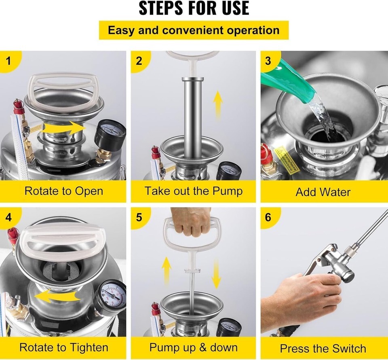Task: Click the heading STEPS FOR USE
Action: click(194, 8)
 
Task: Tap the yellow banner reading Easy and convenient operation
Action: click(194, 30)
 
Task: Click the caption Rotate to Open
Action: click(64, 191)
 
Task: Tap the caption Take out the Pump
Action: click(194, 191)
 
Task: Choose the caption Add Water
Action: click(323, 192)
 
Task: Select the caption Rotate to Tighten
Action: click(64, 347)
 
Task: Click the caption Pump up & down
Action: click(194, 347)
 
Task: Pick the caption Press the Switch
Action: click(323, 349)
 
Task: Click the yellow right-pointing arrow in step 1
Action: click(63, 128)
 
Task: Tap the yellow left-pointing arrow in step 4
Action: click(57, 296)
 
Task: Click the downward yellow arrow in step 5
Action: click(216, 274)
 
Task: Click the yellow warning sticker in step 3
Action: click(286, 159)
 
